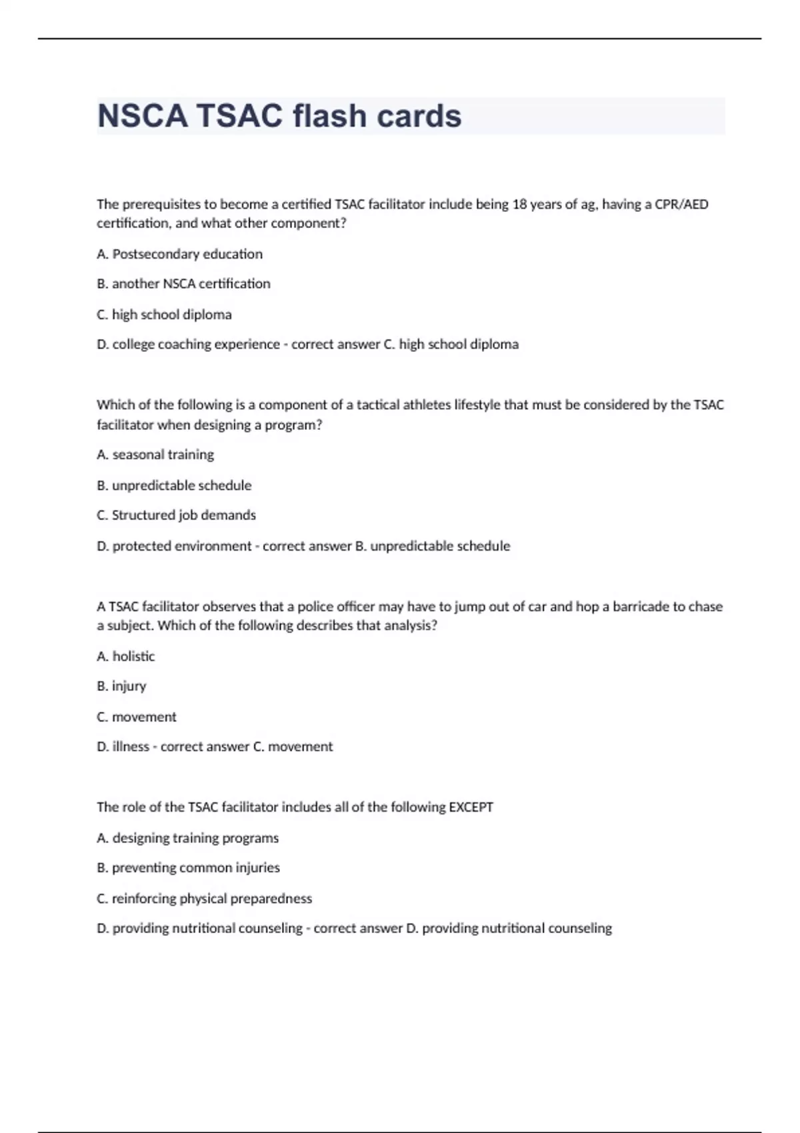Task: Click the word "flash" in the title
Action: [329, 116]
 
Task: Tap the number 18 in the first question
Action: [519, 205]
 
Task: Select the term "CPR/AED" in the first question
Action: [681, 205]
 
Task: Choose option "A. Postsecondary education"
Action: [179, 254]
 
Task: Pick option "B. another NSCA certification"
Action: [183, 284]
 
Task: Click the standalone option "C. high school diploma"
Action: [164, 315]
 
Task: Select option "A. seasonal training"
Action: [155, 455]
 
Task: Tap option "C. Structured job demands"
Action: [176, 515]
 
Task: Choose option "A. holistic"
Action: [125, 656]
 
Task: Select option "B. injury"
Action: [121, 686]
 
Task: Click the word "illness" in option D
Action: [131, 747]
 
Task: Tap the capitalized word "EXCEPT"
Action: [471, 807]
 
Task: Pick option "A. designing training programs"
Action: [187, 838]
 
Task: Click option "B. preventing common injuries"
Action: [188, 868]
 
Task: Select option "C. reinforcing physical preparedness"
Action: [204, 898]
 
